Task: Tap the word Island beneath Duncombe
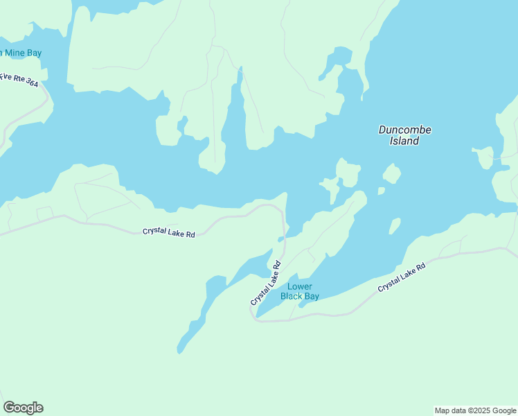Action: click(x=404, y=141)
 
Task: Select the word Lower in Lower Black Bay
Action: click(x=300, y=286)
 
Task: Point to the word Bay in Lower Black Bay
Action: click(x=311, y=296)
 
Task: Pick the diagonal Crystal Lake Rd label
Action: click(x=265, y=283)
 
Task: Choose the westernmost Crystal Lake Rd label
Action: click(x=169, y=232)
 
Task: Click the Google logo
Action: click(x=23, y=408)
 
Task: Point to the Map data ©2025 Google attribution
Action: click(x=475, y=410)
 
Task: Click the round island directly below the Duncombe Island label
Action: click(x=392, y=173)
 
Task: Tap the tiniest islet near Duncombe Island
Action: click(x=381, y=191)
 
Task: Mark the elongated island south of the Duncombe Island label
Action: click(x=394, y=226)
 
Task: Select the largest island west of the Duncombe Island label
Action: click(x=348, y=173)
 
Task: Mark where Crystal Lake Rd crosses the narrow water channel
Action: click(x=283, y=239)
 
